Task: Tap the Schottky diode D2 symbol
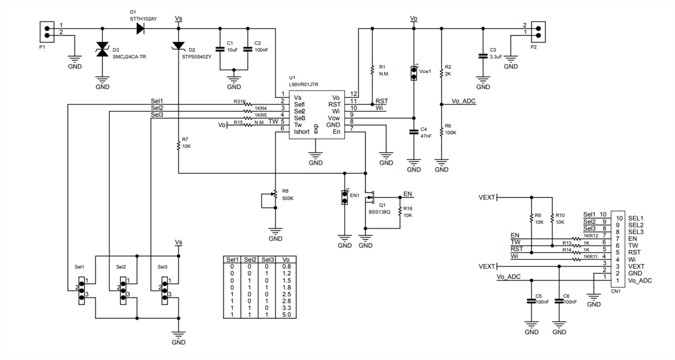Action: click(178, 45)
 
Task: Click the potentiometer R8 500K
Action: click(274, 195)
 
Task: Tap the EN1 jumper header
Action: click(344, 197)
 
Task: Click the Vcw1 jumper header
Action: click(414, 72)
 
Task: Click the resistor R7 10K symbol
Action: click(178, 143)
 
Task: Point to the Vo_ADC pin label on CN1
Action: click(640, 280)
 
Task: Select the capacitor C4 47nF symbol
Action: click(414, 132)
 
